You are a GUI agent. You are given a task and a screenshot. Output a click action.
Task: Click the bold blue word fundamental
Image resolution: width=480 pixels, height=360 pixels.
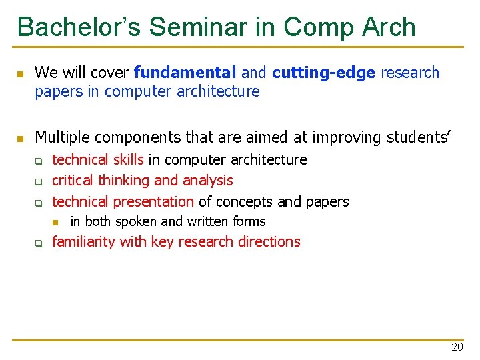pyautogui.click(x=185, y=73)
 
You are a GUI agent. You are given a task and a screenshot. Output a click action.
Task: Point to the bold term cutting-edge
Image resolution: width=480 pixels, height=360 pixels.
pyautogui.click(x=324, y=73)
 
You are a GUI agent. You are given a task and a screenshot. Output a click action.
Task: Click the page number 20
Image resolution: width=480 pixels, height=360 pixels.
pyautogui.click(x=457, y=347)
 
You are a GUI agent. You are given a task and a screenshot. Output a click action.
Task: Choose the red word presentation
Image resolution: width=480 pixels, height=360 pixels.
pyautogui.click(x=153, y=202)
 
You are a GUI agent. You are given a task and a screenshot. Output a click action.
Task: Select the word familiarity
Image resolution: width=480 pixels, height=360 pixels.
pyautogui.click(x=83, y=242)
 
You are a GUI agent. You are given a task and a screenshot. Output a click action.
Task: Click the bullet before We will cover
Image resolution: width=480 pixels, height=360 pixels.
pyautogui.click(x=21, y=73)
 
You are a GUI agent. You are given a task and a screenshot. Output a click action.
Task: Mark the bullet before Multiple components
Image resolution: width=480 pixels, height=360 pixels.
pyautogui.click(x=21, y=139)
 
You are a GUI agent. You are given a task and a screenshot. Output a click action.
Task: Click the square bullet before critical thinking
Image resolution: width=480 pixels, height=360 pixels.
pyautogui.click(x=39, y=181)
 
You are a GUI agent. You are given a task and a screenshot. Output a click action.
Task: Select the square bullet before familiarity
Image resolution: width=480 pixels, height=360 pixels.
pyautogui.click(x=39, y=243)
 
